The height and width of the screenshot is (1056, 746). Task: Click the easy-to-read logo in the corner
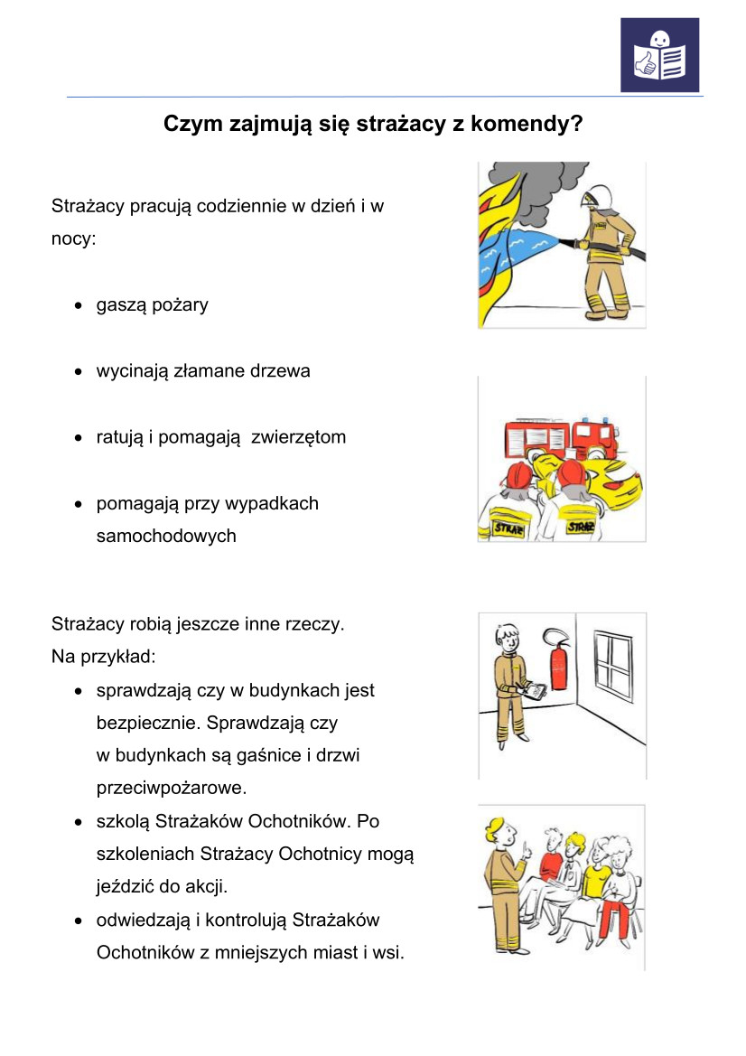[x=659, y=55]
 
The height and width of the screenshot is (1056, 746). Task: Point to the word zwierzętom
[x=298, y=438]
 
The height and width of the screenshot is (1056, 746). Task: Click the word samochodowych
[x=166, y=536]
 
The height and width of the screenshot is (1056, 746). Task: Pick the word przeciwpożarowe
[x=171, y=788]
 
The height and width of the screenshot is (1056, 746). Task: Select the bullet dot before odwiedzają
[x=80, y=921]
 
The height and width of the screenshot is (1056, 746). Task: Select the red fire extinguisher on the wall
[x=559, y=663]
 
